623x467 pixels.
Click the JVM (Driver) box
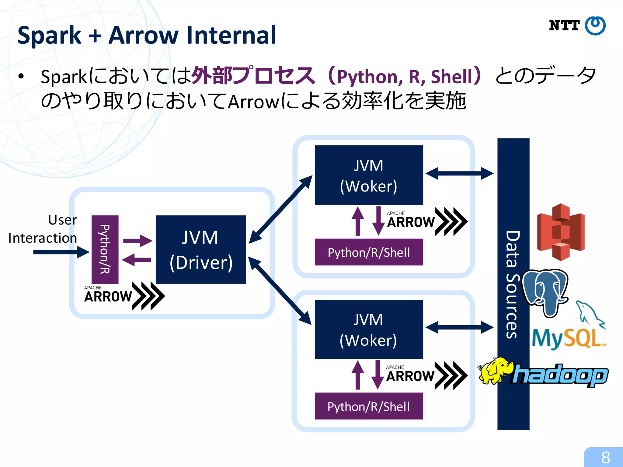point(201,249)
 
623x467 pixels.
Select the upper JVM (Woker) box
point(369,175)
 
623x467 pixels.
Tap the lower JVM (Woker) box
point(369,329)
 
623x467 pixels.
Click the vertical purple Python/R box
point(105,249)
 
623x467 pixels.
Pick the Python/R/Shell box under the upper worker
point(369,252)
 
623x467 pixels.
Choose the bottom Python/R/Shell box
point(369,406)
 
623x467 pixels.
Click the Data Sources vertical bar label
point(513,284)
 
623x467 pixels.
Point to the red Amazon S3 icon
point(561,232)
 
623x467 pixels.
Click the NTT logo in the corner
point(577,26)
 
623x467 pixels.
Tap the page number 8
point(605,457)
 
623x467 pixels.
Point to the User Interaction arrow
point(61,252)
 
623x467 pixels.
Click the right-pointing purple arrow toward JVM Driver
point(137,241)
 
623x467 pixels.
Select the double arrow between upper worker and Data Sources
point(459,174)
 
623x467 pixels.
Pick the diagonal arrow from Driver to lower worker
point(280,291)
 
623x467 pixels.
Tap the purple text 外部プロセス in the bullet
point(253,76)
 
